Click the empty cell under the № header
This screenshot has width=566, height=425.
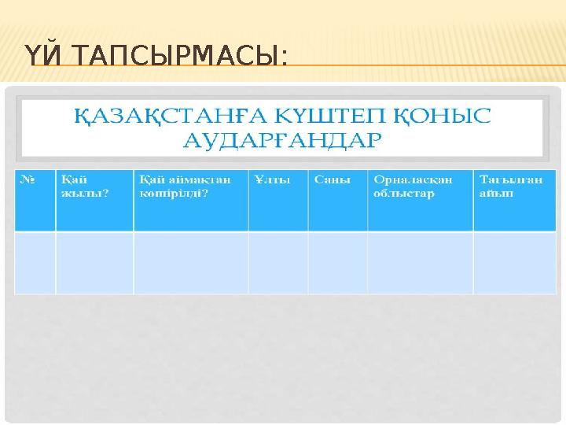click(35, 263)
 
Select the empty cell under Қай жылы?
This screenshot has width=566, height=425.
click(94, 263)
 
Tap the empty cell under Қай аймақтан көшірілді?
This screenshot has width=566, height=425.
click(190, 263)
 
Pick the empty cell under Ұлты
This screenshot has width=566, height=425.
click(277, 263)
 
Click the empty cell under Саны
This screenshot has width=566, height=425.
click(337, 263)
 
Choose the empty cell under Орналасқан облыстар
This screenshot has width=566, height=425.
click(420, 263)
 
